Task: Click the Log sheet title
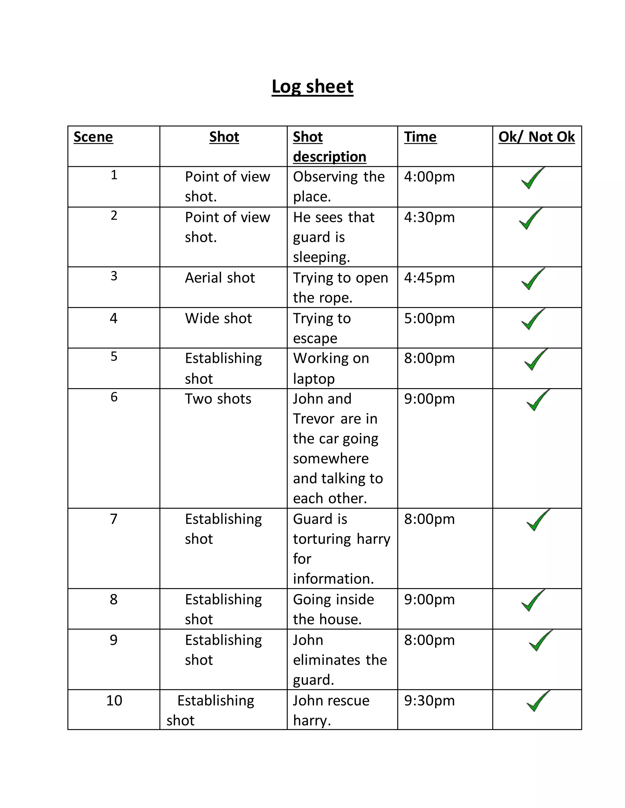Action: click(312, 87)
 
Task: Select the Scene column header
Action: click(93, 137)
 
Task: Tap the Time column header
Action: click(420, 137)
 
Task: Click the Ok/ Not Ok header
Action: click(536, 137)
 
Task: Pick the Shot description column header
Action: click(329, 146)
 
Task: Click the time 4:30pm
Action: click(429, 217)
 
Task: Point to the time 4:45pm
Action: click(429, 278)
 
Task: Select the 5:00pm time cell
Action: click(429, 319)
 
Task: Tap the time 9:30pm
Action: click(429, 700)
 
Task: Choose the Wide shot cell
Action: click(218, 319)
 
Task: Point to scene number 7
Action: click(114, 519)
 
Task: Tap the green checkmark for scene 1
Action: click(533, 178)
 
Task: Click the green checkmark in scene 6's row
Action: click(538, 400)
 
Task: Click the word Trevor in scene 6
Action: click(313, 419)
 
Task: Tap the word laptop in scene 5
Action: click(314, 379)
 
